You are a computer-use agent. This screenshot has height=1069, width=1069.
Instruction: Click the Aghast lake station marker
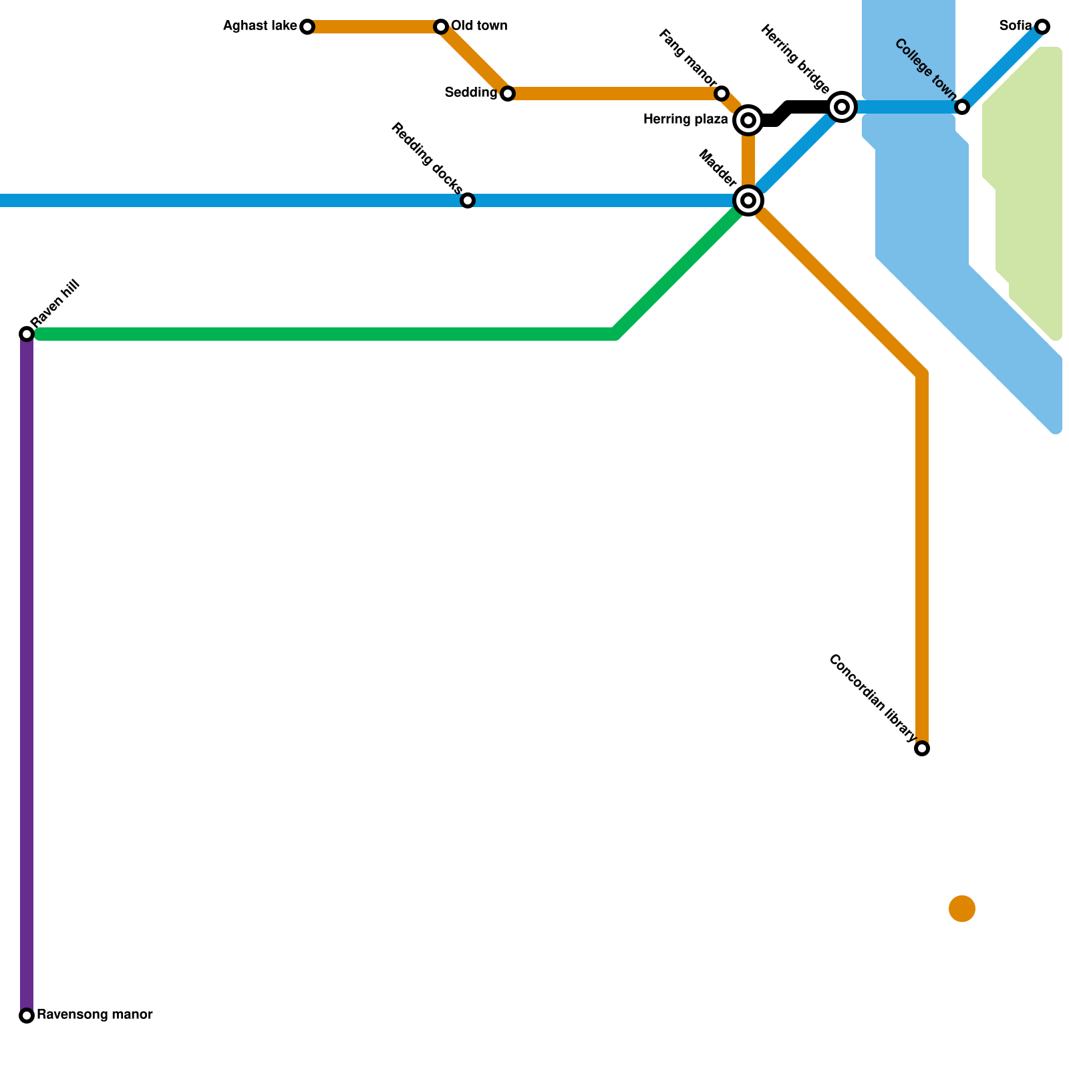(x=307, y=27)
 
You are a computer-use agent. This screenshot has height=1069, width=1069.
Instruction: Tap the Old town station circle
(x=441, y=27)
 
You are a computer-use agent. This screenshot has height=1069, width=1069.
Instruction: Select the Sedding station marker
(x=508, y=94)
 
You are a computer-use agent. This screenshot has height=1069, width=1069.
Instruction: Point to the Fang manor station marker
(x=722, y=94)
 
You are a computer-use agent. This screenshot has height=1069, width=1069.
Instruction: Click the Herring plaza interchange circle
(x=748, y=120)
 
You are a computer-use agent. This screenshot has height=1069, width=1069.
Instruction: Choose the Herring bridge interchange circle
(x=842, y=107)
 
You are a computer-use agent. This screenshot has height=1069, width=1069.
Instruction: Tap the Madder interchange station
(x=748, y=200)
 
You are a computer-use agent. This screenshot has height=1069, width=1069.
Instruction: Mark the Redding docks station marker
(x=468, y=200)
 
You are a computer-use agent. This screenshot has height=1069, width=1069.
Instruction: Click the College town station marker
(x=962, y=107)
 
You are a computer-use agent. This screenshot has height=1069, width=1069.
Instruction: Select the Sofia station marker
(x=1042, y=27)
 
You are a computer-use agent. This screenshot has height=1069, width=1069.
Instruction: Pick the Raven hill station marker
(x=27, y=333)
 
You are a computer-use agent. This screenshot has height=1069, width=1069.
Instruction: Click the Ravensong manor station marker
(x=27, y=1016)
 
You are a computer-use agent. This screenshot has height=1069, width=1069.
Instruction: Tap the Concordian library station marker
(x=922, y=748)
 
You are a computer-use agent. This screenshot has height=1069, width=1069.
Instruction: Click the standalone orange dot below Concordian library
(x=962, y=909)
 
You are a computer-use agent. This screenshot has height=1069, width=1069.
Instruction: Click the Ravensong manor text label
(x=95, y=1015)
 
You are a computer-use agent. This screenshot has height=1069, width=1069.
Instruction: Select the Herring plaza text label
(x=685, y=120)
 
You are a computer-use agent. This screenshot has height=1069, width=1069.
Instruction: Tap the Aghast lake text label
(x=260, y=27)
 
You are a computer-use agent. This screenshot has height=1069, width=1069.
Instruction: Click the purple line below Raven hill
(x=27, y=668)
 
